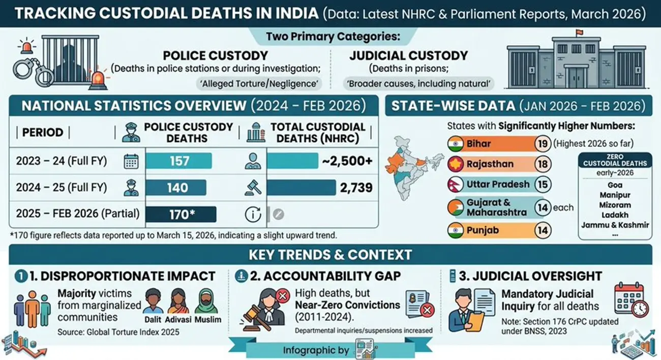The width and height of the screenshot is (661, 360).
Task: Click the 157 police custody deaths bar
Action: tap(178, 161)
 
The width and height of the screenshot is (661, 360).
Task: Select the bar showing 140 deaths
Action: tap(176, 188)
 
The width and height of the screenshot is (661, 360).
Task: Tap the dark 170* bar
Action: tap(181, 214)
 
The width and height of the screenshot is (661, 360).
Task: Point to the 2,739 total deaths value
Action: tap(354, 188)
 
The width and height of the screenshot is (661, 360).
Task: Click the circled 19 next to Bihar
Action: tap(543, 144)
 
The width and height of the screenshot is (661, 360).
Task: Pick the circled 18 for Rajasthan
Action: tap(543, 164)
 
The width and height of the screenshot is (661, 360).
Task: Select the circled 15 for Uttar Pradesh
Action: tap(543, 184)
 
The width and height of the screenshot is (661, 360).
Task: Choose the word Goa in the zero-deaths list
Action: tap(615, 185)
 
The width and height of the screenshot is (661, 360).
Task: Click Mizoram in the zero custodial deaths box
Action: tap(615, 205)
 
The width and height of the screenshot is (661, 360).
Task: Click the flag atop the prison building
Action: tap(578, 34)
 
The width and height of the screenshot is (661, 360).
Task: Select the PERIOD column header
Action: tap(43, 133)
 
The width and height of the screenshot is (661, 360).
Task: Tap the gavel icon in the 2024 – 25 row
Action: tap(253, 188)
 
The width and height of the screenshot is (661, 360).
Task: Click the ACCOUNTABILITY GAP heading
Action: tap(349, 276)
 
